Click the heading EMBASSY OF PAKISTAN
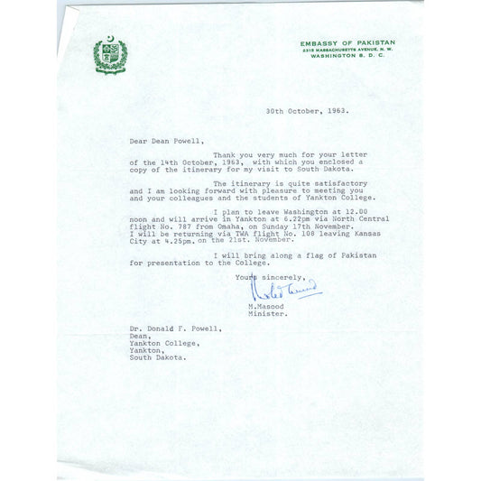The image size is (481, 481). [347, 42]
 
